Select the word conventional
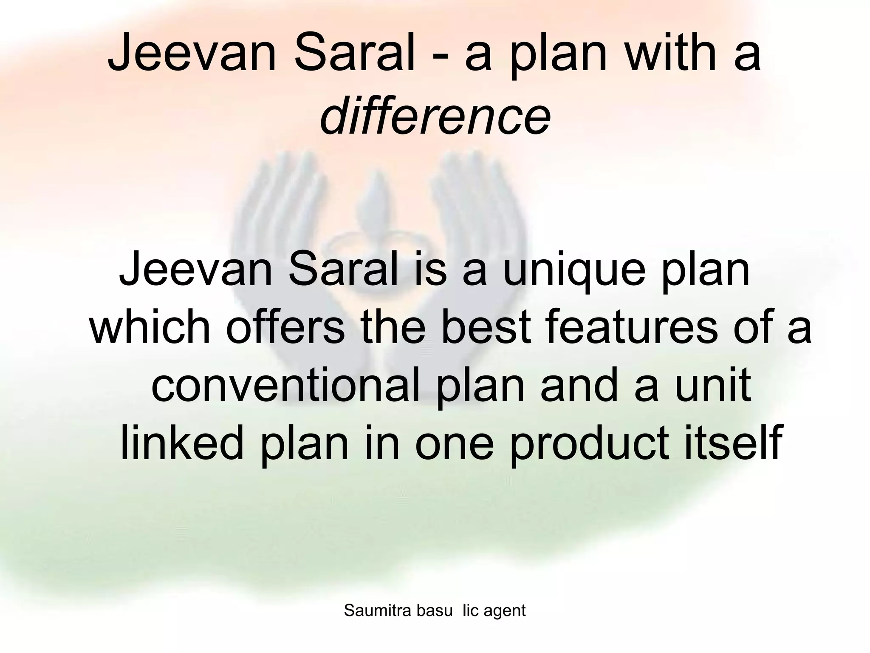pos(289,386)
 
